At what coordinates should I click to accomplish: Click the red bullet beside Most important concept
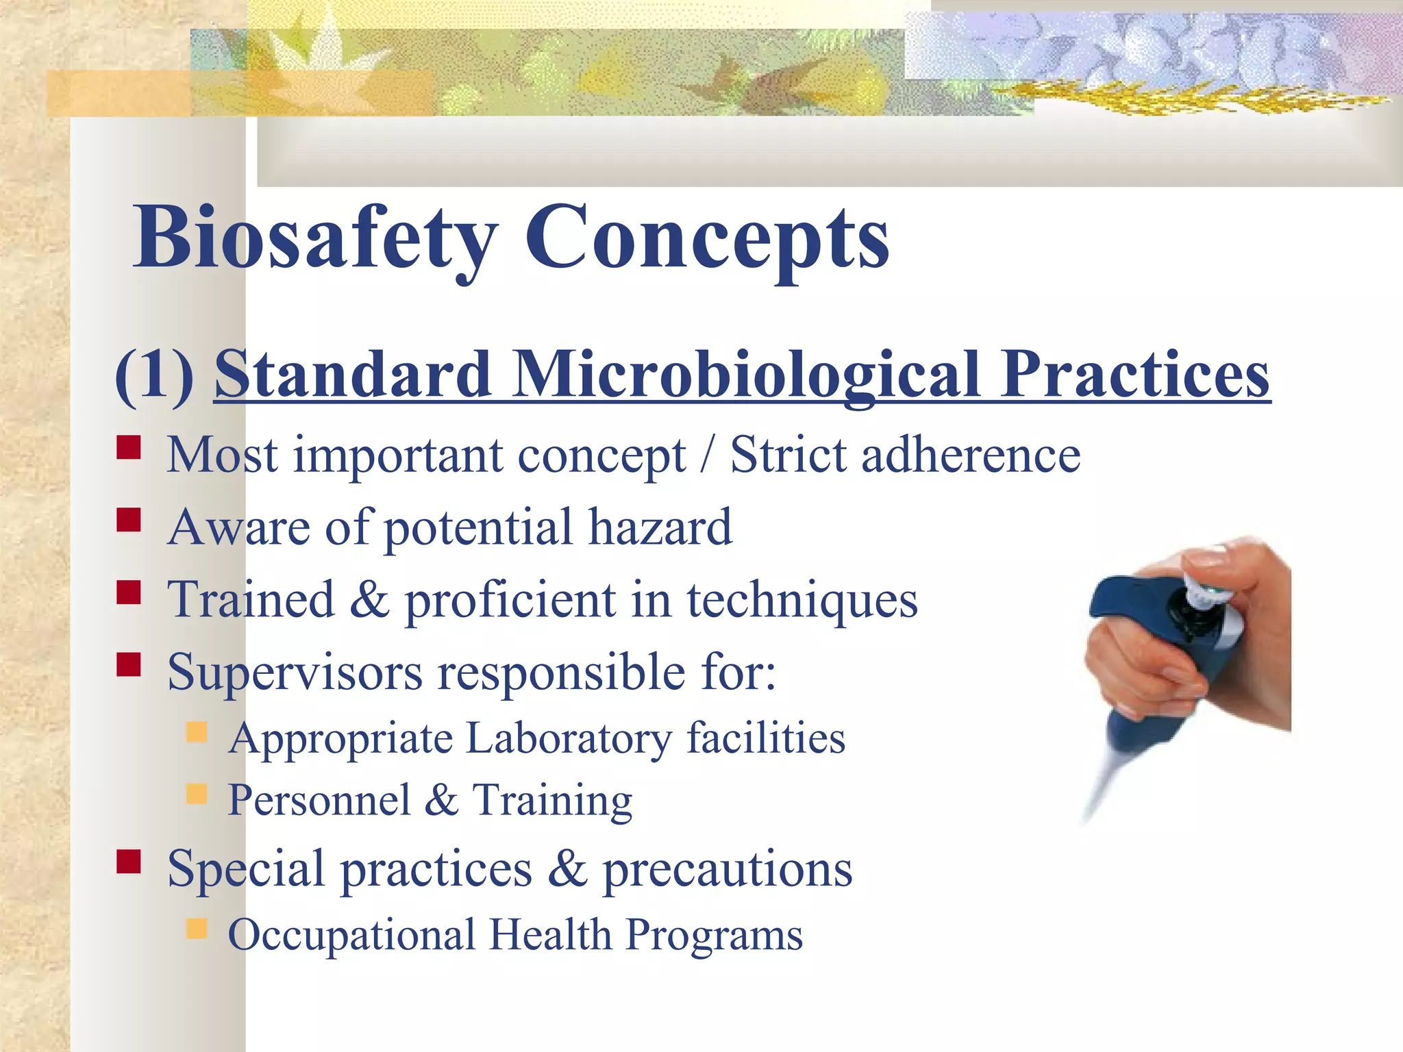[128, 448]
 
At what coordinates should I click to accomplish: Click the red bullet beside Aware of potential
[128, 520]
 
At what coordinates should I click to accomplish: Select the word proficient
[510, 600]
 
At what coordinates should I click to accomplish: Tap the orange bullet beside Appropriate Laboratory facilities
[197, 732]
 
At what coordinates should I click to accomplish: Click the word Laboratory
[569, 738]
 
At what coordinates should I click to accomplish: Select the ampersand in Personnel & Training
[442, 799]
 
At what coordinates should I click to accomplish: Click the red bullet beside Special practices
[128, 862]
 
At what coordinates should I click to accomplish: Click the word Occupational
[351, 935]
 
